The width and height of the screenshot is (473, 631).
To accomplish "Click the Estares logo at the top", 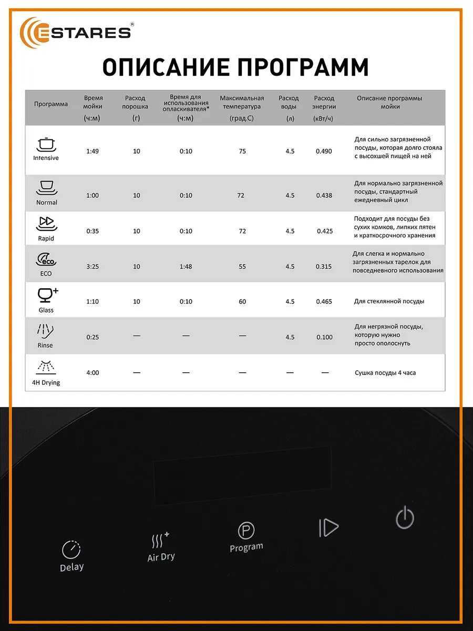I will [x=76, y=32].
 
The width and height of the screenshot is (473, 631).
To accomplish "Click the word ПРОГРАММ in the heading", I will [x=302, y=68].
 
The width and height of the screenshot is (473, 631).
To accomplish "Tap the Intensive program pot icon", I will [x=46, y=145].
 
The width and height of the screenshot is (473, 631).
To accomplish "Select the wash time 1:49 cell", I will [x=92, y=151].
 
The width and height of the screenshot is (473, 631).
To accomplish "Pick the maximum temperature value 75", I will [x=242, y=151].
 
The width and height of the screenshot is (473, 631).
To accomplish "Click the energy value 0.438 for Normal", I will [x=324, y=196].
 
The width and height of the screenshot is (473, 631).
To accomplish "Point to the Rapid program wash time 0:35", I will [x=92, y=231].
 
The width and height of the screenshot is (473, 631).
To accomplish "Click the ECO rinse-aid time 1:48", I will [x=186, y=267].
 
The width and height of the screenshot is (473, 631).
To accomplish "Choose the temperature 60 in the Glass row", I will [x=242, y=302].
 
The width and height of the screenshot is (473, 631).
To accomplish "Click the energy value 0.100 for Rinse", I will [x=324, y=337].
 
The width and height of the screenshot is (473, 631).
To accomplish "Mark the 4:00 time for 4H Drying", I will [x=92, y=373].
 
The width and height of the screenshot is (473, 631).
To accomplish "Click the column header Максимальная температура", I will [x=242, y=103].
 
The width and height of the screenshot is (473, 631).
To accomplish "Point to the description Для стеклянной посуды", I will [x=389, y=302].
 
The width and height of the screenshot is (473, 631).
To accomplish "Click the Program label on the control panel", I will [x=246, y=547].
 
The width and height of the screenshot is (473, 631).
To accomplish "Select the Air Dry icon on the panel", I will [x=160, y=540].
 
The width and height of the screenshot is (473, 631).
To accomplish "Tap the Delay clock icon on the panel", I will [x=71, y=549].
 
